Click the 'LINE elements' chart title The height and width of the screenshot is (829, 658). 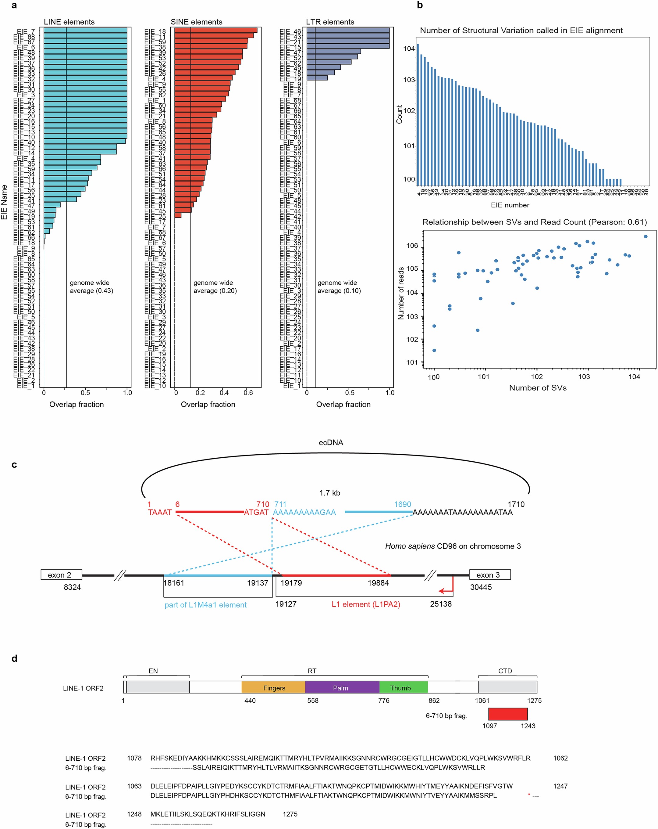69,22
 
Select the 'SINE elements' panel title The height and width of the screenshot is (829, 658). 196,22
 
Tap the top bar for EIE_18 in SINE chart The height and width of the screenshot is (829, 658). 215,30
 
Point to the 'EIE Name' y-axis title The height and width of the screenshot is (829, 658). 4,202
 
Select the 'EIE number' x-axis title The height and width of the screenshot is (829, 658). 510,205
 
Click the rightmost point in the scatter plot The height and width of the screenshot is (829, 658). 645,236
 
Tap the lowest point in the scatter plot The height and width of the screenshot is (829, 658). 434,350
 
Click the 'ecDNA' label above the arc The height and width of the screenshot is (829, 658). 331,442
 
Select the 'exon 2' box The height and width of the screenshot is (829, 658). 62,575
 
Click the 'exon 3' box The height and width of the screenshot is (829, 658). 490,575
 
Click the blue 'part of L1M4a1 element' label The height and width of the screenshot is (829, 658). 205,605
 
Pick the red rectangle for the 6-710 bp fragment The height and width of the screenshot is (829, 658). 507,714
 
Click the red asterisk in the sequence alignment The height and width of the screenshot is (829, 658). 529,795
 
